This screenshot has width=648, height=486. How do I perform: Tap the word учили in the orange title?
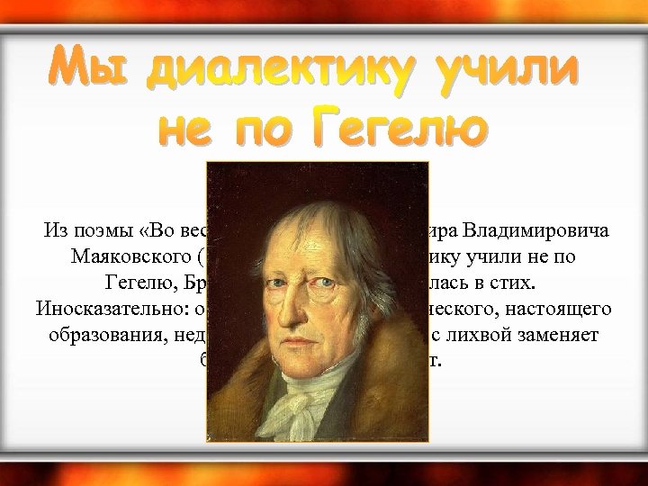pos(500,70)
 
